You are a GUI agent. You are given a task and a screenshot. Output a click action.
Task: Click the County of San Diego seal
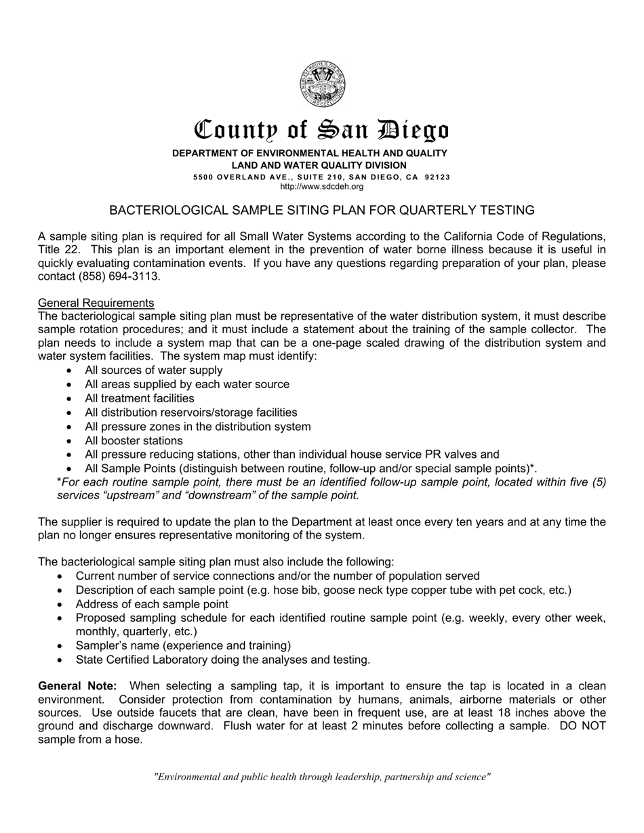[x=323, y=84]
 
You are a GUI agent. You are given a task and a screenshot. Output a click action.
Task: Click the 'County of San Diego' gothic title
[x=322, y=129]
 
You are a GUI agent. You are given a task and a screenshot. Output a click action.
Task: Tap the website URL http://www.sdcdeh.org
[x=322, y=186]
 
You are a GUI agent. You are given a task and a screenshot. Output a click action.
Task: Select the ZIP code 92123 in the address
[x=437, y=177]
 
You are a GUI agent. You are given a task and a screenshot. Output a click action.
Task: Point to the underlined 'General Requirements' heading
[x=96, y=303]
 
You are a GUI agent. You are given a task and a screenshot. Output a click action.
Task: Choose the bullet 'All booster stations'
[x=134, y=440]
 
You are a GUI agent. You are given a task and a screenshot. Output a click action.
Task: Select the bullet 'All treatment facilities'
[x=139, y=398]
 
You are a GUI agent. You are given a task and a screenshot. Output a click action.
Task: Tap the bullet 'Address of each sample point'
[x=152, y=604]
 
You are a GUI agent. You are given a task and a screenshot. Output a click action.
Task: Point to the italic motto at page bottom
[x=322, y=777]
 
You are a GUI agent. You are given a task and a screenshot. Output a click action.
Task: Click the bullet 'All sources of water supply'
[x=153, y=370]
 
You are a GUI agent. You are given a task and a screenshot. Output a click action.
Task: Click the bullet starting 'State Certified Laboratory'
[x=222, y=659]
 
